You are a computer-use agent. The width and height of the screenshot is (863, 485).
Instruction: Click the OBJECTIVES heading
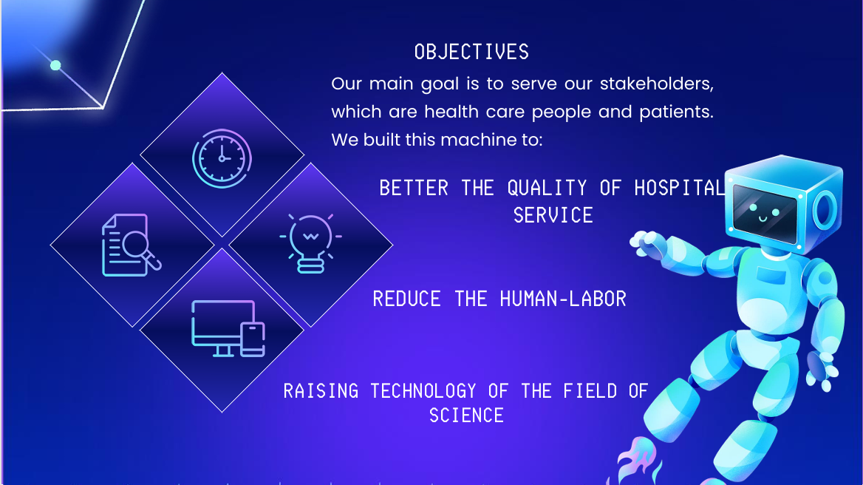(x=471, y=52)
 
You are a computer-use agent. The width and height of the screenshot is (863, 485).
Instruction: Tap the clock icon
(x=222, y=158)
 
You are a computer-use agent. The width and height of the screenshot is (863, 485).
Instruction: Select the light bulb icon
(x=310, y=243)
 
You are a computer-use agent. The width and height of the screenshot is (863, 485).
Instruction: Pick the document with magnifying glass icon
(x=132, y=245)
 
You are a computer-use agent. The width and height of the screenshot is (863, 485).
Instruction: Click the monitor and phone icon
(x=228, y=329)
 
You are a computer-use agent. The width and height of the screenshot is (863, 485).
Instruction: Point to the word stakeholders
(x=657, y=84)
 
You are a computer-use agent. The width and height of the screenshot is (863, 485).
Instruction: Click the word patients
(x=676, y=112)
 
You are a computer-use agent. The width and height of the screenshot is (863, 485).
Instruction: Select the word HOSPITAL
(x=680, y=189)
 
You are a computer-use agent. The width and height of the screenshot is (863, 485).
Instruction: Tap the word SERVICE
(x=553, y=215)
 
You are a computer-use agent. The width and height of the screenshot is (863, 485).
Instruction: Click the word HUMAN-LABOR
(x=563, y=299)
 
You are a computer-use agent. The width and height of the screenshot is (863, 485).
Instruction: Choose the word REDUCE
(x=406, y=299)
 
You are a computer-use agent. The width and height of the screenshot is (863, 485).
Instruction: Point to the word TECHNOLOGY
(x=423, y=391)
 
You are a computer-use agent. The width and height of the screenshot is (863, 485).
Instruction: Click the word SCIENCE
(x=466, y=415)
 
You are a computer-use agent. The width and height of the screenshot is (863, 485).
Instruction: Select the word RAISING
(x=321, y=391)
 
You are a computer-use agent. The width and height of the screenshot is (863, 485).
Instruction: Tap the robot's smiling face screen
(x=765, y=214)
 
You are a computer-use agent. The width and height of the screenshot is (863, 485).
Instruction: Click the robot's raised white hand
(x=644, y=243)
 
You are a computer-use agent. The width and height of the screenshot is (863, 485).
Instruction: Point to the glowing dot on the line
(x=55, y=66)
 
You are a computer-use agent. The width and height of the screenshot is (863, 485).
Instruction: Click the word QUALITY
(x=547, y=189)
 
